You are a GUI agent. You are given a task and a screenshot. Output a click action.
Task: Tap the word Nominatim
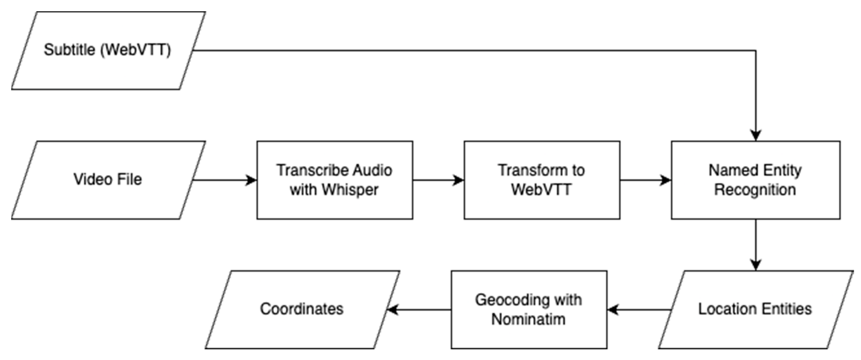coord(528,319)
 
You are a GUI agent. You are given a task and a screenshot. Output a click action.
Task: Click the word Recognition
coord(755,190)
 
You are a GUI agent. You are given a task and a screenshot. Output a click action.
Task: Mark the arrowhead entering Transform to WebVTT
coord(459,180)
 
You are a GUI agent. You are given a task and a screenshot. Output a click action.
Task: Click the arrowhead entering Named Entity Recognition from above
coord(756,135)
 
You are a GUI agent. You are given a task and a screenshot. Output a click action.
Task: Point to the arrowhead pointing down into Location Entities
coord(756,265)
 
